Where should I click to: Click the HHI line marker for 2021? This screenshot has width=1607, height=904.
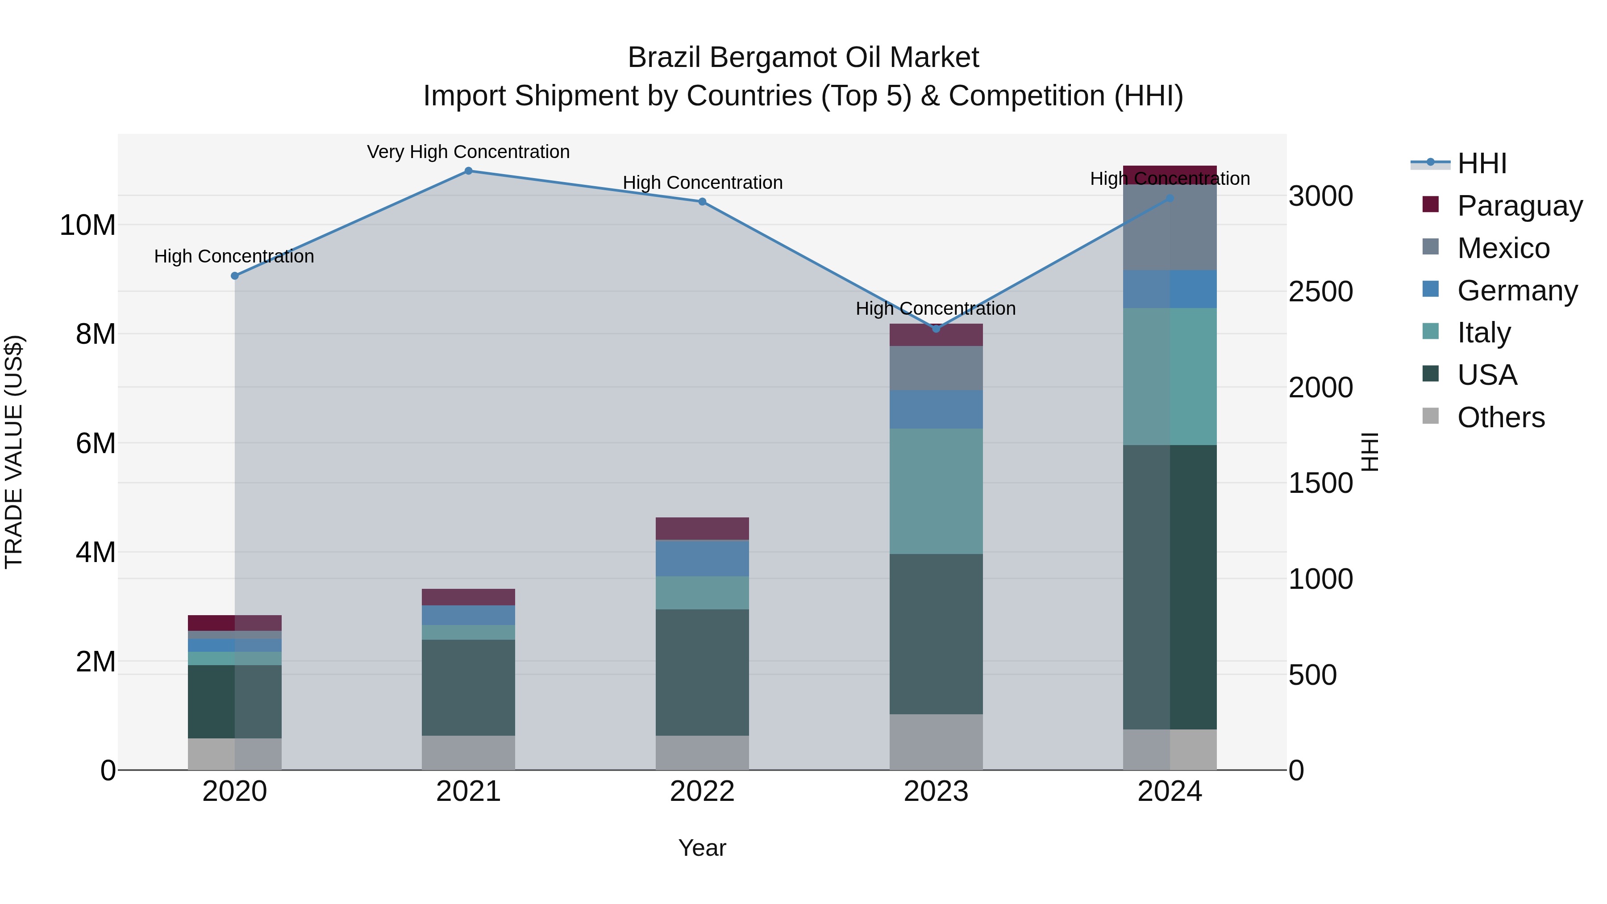coord(469,171)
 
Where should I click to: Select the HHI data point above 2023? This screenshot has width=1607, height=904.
coord(936,329)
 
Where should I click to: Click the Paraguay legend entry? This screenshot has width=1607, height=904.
coord(1520,205)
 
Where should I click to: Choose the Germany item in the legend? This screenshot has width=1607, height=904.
coord(1517,290)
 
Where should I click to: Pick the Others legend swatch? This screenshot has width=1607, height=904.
coord(1431,416)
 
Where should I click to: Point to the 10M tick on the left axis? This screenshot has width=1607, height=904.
coord(87,225)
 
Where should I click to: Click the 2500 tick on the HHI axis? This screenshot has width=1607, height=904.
coord(1321,292)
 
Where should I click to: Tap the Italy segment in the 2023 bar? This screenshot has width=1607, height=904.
coord(936,491)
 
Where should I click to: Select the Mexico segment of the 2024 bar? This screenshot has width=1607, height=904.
coord(1170,227)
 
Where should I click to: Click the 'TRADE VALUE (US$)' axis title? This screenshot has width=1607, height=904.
coord(14,452)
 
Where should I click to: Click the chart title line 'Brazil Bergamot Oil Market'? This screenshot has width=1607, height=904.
coord(803,58)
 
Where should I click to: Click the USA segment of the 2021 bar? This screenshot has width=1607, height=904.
coord(469,687)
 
